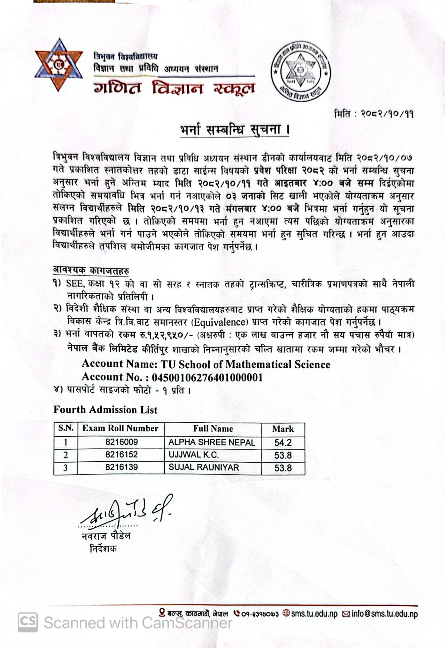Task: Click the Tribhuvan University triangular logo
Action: click(x=59, y=65)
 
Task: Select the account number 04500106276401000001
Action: click(x=207, y=377)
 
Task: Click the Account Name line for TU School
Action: click(x=206, y=364)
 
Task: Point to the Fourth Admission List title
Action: click(x=105, y=410)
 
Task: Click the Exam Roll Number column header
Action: click(x=120, y=429)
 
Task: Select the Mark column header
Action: click(x=283, y=429)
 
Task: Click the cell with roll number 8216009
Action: click(x=122, y=442)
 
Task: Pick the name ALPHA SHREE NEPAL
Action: click(x=212, y=442)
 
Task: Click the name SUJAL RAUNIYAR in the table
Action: click(x=204, y=468)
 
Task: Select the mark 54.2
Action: click(x=283, y=443)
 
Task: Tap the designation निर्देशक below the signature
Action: click(x=103, y=548)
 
